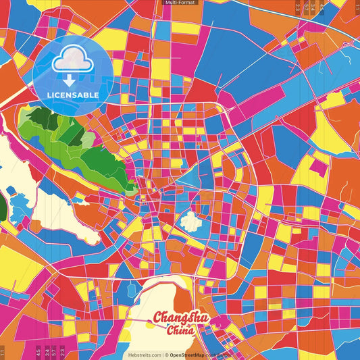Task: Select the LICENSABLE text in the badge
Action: click(72, 95)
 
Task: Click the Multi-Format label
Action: click(180, 3)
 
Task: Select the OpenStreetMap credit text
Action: click(188, 355)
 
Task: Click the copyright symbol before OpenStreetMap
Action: click(166, 355)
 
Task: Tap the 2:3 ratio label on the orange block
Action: click(297, 8)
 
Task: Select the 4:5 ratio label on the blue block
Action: click(322, 8)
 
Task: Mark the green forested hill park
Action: click(74, 138)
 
